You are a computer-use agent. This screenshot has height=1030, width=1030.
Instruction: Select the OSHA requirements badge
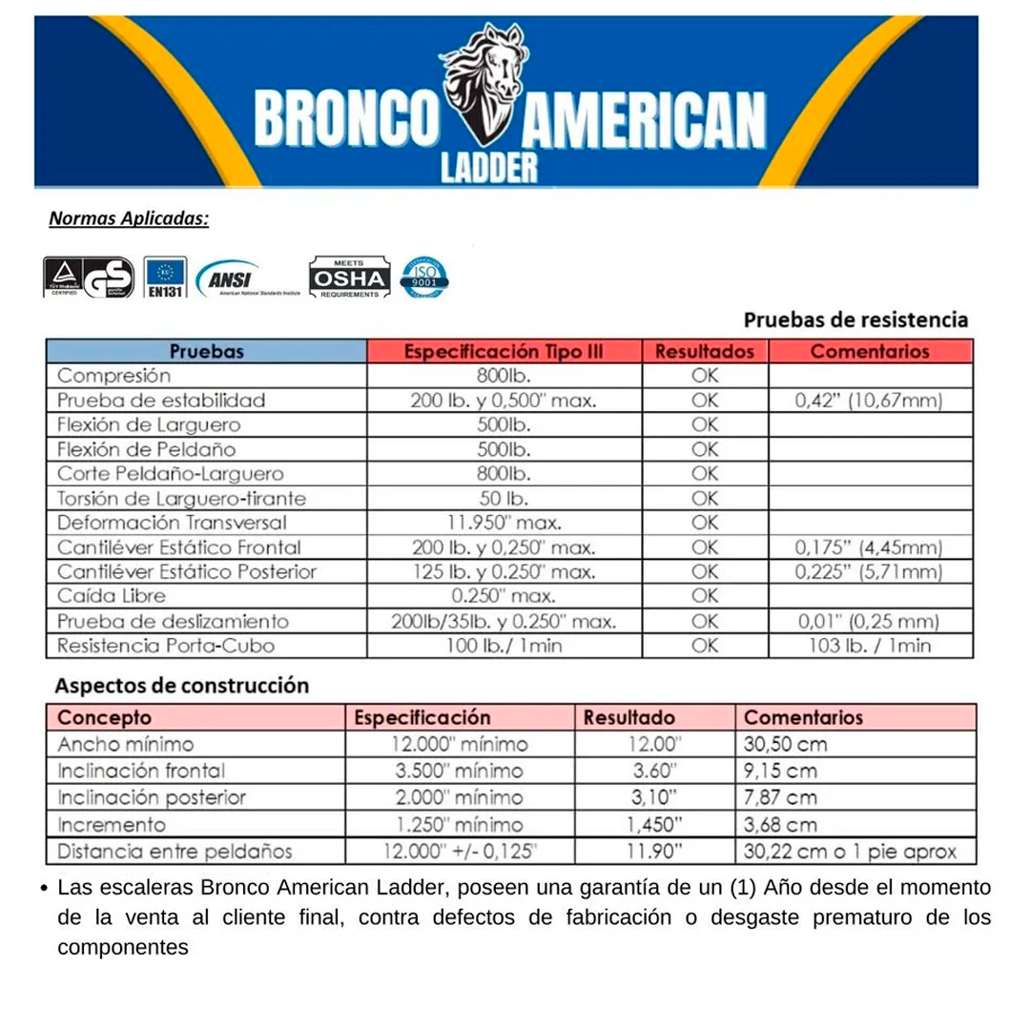349,278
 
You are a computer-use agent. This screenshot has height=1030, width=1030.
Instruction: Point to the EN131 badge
165,278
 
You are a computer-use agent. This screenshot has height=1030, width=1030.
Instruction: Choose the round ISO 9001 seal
424,278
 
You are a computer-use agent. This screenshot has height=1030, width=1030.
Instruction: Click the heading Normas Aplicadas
129,218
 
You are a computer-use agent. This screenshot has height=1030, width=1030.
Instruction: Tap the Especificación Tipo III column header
504,351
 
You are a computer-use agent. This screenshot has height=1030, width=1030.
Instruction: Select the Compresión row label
113,376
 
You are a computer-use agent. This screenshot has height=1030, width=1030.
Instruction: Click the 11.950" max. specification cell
504,523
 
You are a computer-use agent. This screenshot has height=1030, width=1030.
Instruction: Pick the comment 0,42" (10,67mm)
869,401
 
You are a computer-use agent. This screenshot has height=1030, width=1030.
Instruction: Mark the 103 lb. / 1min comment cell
869,646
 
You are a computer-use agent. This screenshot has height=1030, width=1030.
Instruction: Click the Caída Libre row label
112,596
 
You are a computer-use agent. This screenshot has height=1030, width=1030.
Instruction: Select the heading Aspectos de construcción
181,686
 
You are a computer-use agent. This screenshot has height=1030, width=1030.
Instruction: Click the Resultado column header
628,717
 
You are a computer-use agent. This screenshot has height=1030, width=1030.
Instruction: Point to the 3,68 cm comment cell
779,825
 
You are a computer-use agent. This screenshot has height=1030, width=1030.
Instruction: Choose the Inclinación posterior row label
152,797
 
